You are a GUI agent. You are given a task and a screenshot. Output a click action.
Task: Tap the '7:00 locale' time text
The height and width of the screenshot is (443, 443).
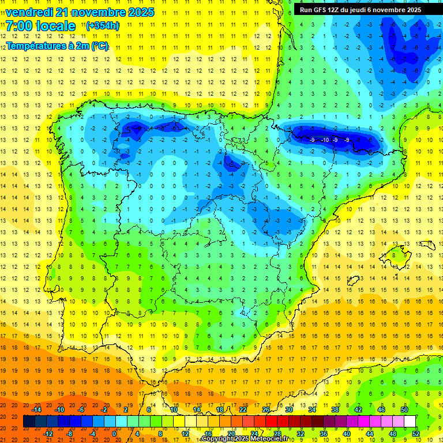(40, 26)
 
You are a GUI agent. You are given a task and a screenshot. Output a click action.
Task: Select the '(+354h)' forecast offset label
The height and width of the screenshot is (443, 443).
(102, 26)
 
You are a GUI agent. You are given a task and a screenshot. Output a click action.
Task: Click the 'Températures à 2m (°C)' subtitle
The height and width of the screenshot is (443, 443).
(57, 46)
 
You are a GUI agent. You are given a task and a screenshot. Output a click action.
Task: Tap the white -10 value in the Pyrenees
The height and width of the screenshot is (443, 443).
(325, 140)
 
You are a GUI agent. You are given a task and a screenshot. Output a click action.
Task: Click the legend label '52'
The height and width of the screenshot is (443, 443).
(416, 433)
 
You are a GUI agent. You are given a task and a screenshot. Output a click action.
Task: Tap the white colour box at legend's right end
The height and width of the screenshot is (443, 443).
(410, 421)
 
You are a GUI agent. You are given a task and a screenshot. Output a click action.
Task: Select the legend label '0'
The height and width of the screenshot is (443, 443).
(114, 433)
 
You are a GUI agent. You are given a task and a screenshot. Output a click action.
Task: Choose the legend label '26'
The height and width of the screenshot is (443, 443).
(266, 410)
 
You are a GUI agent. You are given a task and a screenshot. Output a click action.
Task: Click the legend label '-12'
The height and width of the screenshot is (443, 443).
(48, 433)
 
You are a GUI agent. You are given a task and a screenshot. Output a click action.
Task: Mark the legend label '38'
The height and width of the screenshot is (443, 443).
(335, 410)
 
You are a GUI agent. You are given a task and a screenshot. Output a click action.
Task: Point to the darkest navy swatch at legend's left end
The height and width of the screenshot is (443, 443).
(29, 421)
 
